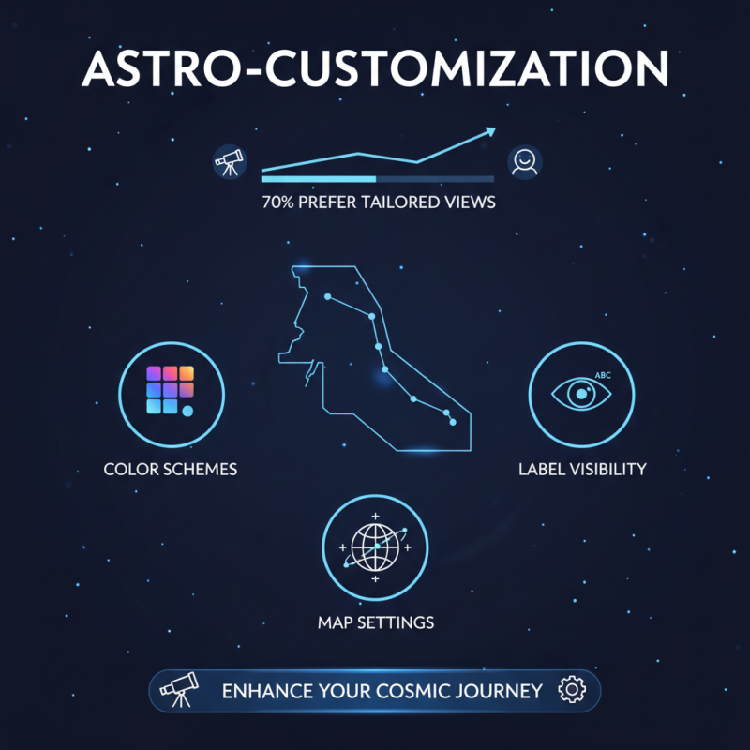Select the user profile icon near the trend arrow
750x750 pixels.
524,162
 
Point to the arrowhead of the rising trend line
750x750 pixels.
490,133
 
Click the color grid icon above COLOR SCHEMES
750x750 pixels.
170,390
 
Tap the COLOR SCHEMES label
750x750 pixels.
171,469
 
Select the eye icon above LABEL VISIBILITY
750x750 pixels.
581,394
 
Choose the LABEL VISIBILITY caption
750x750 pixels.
582,469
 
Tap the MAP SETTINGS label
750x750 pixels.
375,622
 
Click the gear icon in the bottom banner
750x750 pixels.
570,691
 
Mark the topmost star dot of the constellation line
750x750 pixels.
328,296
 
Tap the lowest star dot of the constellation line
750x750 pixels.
453,423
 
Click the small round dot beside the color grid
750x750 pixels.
188,411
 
